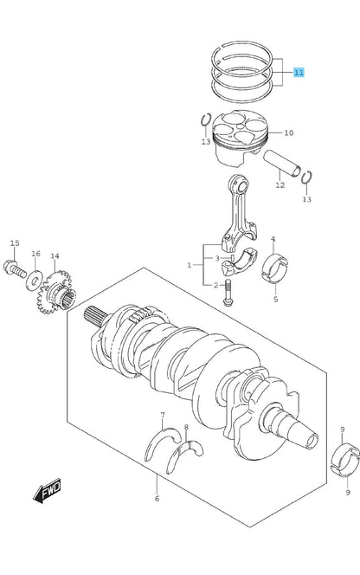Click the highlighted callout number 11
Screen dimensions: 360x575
(299, 72)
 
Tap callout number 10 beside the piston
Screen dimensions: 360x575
(289, 132)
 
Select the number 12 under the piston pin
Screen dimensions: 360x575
(280, 185)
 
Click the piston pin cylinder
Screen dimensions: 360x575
(282, 163)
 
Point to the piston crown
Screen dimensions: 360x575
(240, 127)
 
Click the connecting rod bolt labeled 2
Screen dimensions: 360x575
(228, 293)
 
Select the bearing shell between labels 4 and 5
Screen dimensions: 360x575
(274, 268)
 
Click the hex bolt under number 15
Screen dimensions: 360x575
(15, 268)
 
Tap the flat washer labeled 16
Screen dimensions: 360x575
(34, 281)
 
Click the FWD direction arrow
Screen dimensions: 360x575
(47, 490)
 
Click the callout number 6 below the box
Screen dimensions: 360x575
(157, 498)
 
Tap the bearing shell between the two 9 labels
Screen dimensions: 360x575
(345, 460)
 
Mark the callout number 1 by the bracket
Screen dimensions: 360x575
(190, 265)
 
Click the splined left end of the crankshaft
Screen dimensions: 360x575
(95, 316)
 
